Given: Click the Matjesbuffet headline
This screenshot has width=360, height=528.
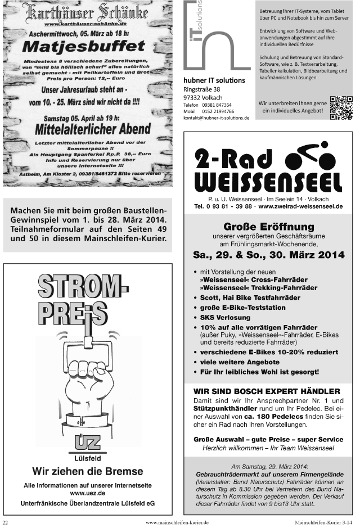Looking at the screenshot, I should point(86,44).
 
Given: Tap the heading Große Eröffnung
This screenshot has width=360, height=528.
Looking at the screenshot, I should point(268,227).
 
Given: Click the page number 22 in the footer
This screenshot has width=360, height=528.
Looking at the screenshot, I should point(6,522).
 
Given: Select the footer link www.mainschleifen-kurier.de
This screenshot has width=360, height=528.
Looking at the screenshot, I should point(177,522).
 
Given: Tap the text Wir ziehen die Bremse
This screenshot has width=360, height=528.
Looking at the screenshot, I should point(87,471).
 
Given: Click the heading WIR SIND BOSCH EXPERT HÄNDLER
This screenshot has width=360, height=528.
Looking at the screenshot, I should point(267,391).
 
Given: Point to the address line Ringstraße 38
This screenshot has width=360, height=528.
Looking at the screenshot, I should point(202,89).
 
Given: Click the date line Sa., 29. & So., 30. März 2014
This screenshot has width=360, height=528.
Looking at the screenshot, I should point(268,255).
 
